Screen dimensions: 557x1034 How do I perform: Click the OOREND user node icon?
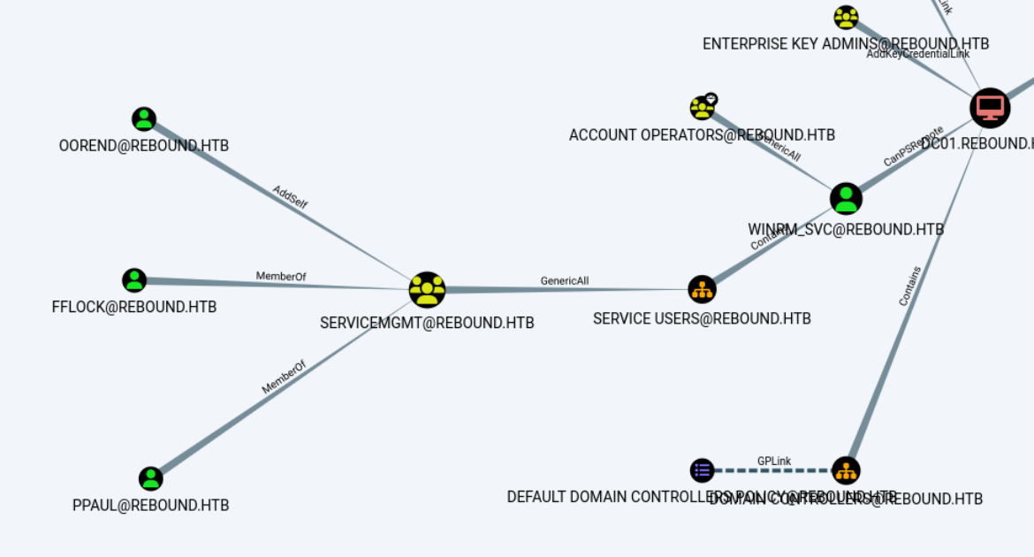(x=144, y=118)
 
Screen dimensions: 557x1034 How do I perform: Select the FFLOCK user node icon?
(x=134, y=280)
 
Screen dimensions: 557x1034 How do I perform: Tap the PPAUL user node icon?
(x=151, y=478)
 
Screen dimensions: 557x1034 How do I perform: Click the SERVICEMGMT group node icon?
(x=427, y=289)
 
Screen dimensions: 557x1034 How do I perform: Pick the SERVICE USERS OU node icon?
(x=702, y=288)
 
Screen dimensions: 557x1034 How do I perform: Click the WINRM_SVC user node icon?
(x=846, y=199)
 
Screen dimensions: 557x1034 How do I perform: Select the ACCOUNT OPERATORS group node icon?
(x=703, y=108)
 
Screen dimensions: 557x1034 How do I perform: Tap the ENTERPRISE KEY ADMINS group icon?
(x=846, y=17)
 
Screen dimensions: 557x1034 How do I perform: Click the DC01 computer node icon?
(x=990, y=108)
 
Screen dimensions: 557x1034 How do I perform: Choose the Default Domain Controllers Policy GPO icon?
(x=702, y=469)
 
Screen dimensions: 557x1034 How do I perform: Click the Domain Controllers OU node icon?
(x=846, y=469)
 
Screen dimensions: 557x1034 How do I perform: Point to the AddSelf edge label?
(x=290, y=197)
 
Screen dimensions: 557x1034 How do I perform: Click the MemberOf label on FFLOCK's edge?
(x=281, y=277)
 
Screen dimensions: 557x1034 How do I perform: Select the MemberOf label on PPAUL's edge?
(x=284, y=377)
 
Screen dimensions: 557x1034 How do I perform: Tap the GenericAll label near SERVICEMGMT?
(x=565, y=281)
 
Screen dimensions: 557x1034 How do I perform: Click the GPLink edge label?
(x=774, y=462)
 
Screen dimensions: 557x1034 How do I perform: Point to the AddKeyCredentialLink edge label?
(x=917, y=54)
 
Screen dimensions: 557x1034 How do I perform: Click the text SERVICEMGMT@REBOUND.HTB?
(x=427, y=324)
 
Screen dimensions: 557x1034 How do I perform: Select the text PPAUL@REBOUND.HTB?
(x=150, y=506)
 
